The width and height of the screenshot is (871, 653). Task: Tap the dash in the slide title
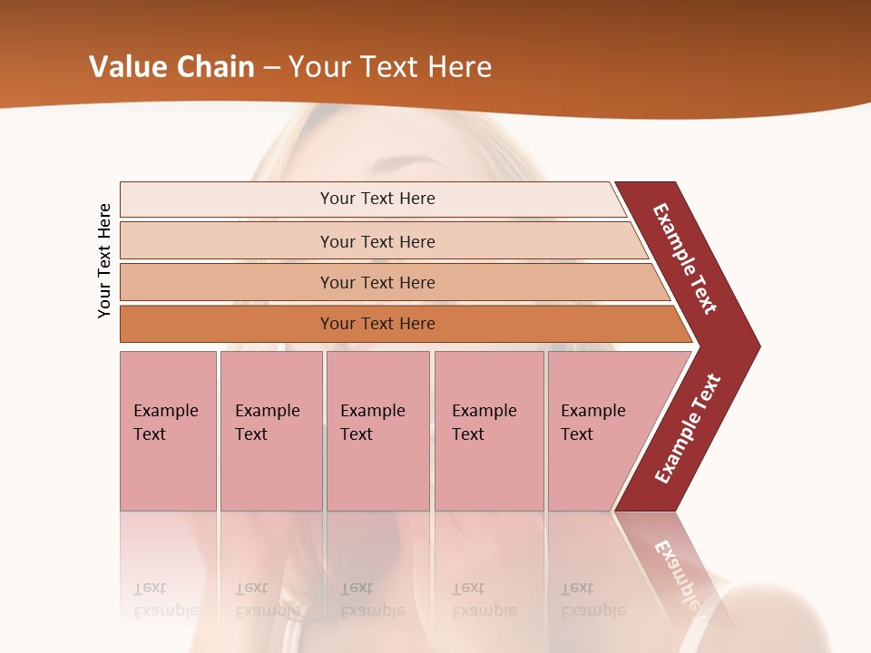coord(271,68)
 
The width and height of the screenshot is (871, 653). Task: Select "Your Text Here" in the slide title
coord(390,67)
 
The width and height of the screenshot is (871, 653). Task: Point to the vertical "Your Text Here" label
coord(104,260)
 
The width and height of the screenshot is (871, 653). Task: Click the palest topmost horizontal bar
coord(377,199)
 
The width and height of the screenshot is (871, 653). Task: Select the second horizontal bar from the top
coord(377,241)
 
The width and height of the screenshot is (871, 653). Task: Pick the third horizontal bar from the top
coord(377,282)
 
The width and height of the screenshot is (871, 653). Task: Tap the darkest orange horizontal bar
coord(377,324)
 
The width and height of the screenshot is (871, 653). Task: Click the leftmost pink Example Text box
coord(168,431)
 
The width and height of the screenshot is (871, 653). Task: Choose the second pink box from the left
coord(271,431)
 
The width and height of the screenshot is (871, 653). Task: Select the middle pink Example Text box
coord(377,431)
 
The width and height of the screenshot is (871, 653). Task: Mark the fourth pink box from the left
coord(489,431)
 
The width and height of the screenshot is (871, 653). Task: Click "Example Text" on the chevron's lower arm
coord(688,429)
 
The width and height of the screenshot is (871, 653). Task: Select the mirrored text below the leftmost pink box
coord(165,599)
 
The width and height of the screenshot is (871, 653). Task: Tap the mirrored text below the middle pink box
coord(372,599)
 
